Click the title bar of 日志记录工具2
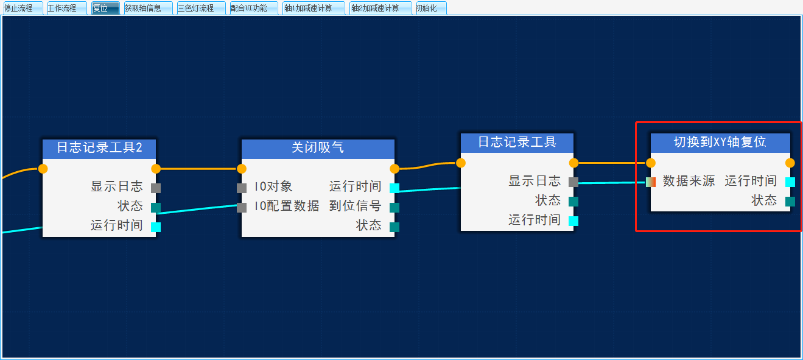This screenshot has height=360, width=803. pos(99,148)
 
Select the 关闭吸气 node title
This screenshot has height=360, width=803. pos(318,148)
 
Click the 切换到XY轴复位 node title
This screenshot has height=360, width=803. pos(720,143)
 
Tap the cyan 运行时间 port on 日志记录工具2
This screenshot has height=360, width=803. pos(156,227)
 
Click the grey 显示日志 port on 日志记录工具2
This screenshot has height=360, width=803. pos(156,188)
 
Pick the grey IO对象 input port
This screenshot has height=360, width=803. pos(242,188)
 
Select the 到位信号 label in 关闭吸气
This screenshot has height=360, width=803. pos(355,206)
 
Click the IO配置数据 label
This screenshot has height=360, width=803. pos(286,206)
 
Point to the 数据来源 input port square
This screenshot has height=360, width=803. pos(651,182)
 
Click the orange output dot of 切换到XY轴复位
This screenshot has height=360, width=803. pos(790,163)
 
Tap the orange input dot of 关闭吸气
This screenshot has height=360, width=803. pos(242,169)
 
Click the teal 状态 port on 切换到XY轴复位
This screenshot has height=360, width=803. pos(790,202)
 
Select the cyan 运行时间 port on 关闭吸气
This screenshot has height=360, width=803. pos(394,188)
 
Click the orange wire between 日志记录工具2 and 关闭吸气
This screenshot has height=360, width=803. pos(198,168)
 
